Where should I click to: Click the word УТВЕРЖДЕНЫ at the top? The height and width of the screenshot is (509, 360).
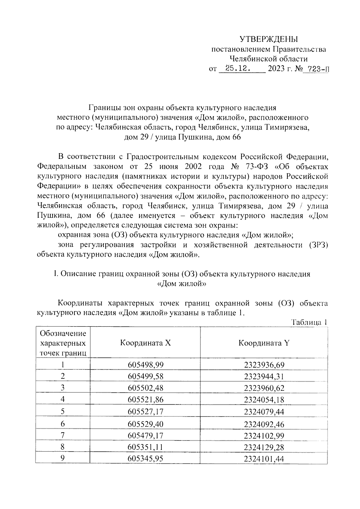coord(268,39)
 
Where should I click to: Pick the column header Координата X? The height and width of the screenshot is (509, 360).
coord(145,343)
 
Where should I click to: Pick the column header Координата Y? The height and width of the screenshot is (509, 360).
coord(264,343)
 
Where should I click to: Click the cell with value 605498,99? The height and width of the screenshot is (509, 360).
coord(145,365)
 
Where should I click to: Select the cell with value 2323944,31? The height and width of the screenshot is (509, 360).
coord(264,377)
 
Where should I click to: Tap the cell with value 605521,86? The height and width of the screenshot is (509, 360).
coord(145,400)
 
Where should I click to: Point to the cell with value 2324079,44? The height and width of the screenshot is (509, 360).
coord(264,412)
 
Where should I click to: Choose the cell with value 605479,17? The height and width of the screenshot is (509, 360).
coord(145,435)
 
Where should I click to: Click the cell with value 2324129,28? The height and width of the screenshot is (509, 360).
coord(264,447)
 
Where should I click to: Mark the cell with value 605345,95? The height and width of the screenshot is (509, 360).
coord(145,459)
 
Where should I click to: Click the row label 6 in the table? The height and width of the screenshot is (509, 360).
coord(63,424)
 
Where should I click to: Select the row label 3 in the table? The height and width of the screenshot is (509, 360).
coord(63,388)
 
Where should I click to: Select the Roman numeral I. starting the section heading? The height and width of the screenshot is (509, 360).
coord(55,274)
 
